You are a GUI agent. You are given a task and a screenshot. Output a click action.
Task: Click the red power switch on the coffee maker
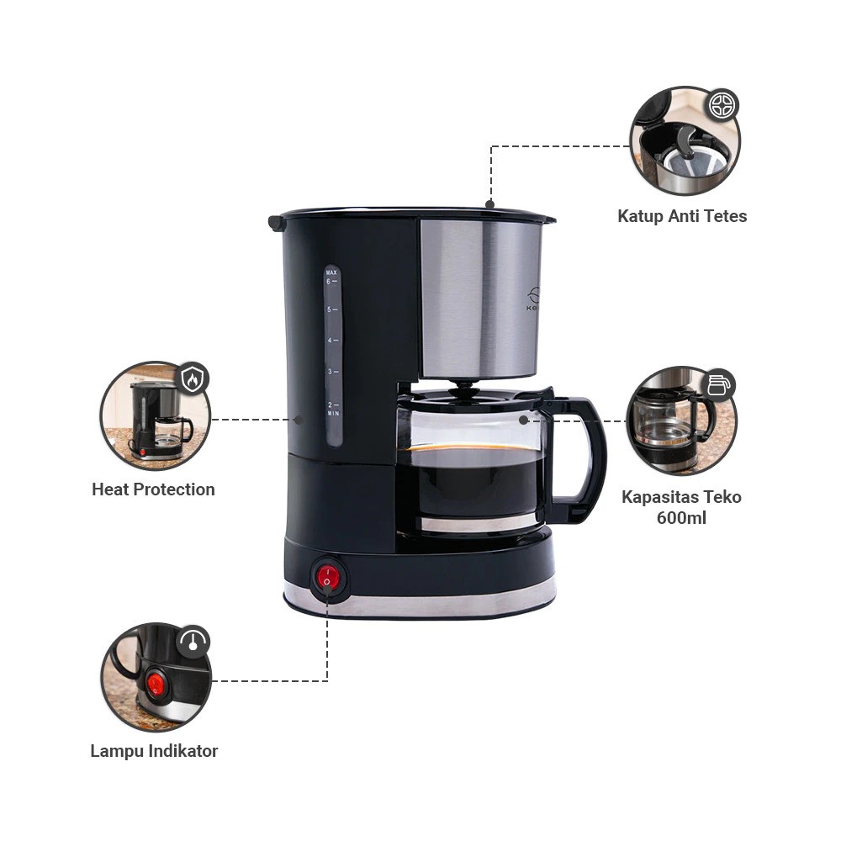[327, 577]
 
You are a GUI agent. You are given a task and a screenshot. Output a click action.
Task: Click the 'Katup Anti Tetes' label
[682, 216]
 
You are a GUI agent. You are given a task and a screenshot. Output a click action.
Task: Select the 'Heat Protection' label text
[153, 489]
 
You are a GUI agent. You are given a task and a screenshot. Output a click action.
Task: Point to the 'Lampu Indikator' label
[154, 751]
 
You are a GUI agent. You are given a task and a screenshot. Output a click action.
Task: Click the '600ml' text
[681, 517]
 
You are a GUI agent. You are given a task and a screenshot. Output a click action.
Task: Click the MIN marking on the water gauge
[333, 414]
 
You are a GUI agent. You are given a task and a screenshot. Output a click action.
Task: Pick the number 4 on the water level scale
[331, 341]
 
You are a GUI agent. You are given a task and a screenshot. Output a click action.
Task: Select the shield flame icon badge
[193, 379]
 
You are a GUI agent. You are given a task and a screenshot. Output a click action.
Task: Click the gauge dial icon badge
[193, 642]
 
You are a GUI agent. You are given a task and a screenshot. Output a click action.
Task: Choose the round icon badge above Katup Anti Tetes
[722, 105]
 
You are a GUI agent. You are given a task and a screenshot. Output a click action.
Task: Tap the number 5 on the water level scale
[331, 309]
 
